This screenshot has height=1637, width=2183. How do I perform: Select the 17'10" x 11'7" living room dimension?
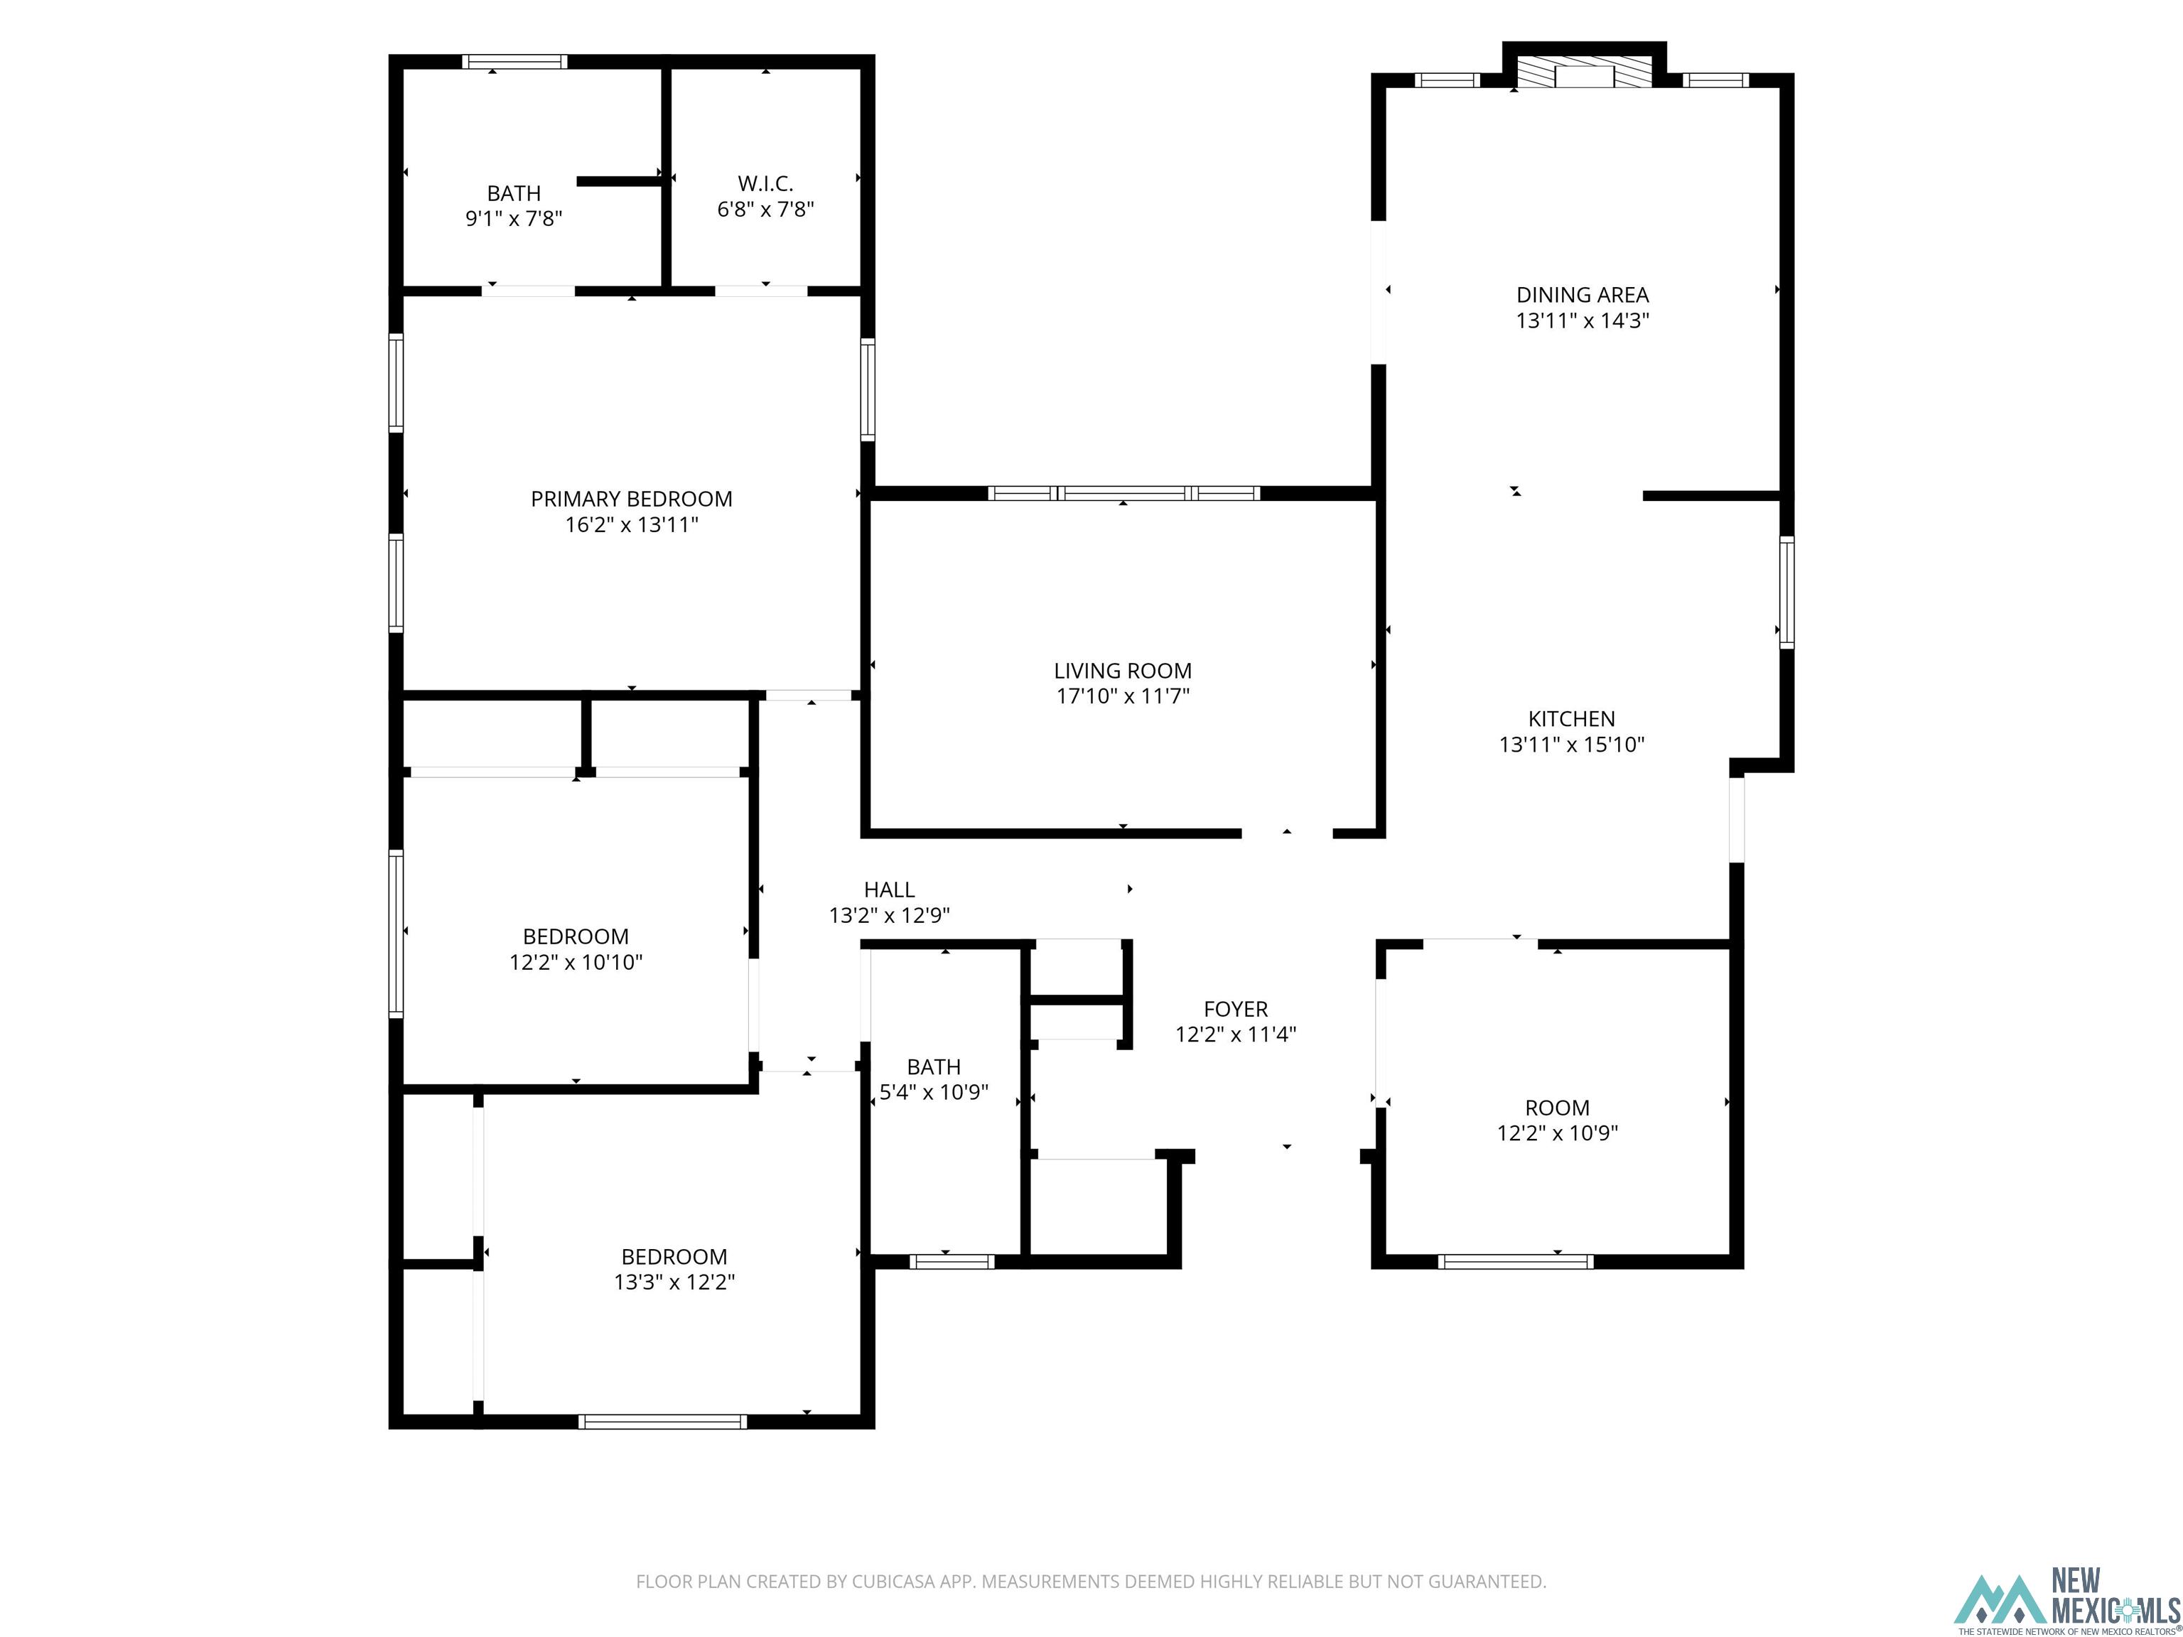coord(1122,696)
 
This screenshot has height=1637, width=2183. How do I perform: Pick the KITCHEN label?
coord(1571,718)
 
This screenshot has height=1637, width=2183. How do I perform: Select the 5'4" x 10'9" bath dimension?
coord(934,1092)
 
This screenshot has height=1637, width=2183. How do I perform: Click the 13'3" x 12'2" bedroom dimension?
coord(674,1282)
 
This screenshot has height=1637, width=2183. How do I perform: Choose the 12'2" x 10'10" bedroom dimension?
coord(576,962)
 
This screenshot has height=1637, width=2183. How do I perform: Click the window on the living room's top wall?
coord(1123,493)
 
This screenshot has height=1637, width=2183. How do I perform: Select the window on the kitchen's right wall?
coord(1786,592)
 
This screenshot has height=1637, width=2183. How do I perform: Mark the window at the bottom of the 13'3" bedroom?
coord(662,1421)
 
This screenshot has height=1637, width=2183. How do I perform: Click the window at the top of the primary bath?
coord(514,61)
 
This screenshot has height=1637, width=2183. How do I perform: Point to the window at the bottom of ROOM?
coord(1515,1261)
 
